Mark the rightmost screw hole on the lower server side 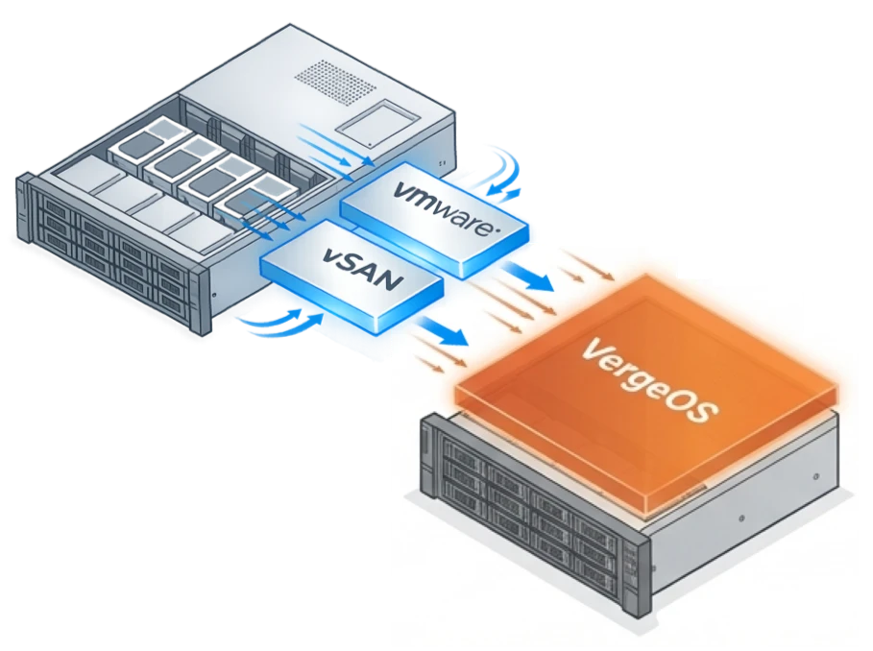(816, 475)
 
